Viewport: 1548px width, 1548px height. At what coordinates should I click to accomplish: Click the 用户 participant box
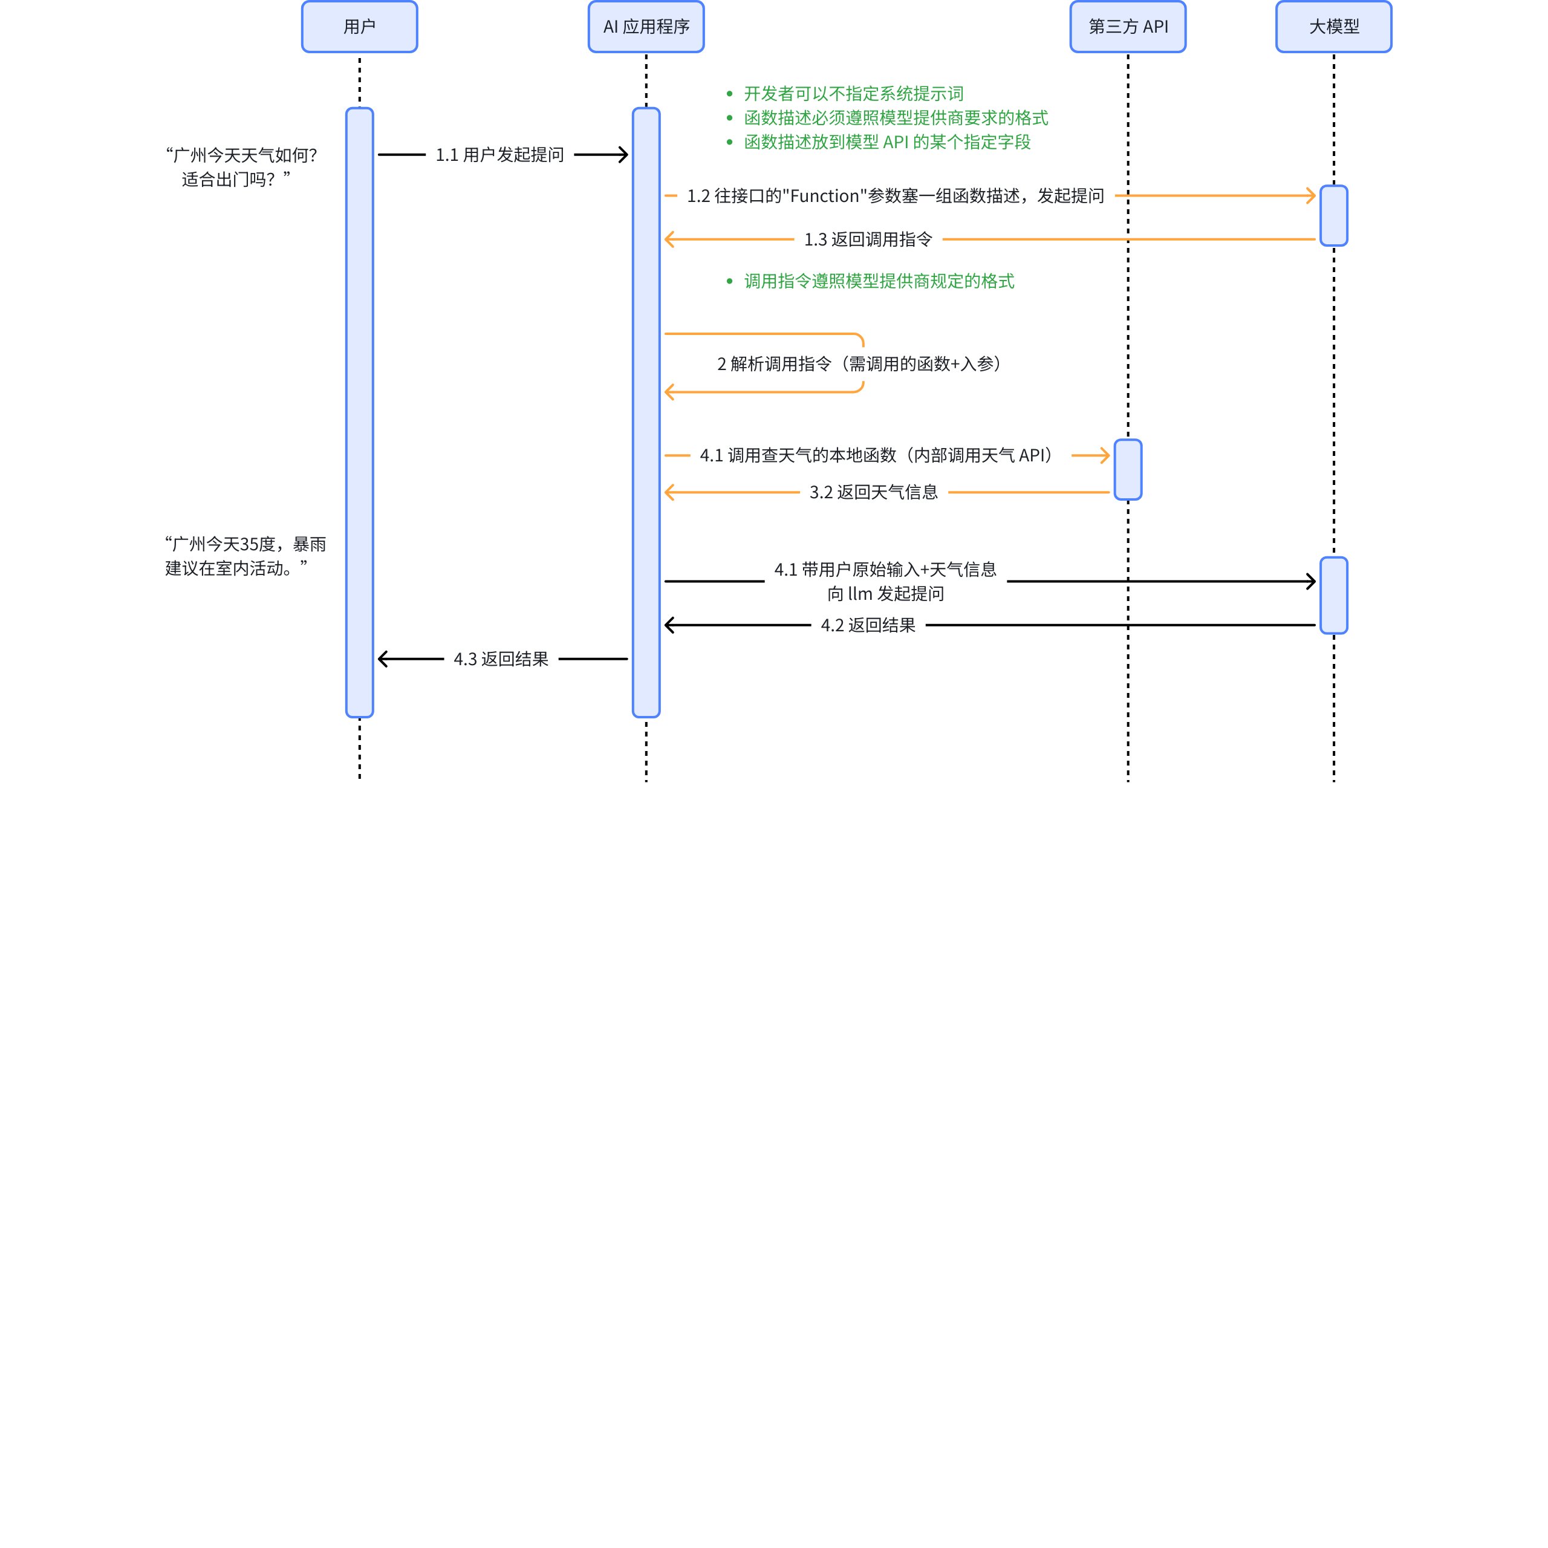pyautogui.click(x=359, y=27)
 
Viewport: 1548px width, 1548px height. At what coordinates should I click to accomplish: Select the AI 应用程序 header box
pyautogui.click(x=646, y=27)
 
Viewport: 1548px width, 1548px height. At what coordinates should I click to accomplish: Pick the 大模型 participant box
pyautogui.click(x=1333, y=27)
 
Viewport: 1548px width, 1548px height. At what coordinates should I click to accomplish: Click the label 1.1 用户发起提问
pyautogui.click(x=499, y=155)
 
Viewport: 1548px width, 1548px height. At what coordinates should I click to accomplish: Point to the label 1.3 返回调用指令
pyautogui.click(x=868, y=239)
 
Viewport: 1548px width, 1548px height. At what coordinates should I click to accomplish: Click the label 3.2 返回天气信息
pyautogui.click(x=873, y=492)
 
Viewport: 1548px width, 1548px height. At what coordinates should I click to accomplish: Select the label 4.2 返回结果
pyautogui.click(x=868, y=625)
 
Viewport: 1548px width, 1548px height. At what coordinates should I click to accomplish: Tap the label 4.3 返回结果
pyautogui.click(x=501, y=659)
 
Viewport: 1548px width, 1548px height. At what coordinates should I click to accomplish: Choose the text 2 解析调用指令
pyautogui.click(x=774, y=364)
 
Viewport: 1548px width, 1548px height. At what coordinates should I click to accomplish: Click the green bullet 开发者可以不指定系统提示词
pyautogui.click(x=853, y=94)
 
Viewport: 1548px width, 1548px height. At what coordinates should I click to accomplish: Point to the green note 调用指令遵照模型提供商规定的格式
pyautogui.click(x=879, y=281)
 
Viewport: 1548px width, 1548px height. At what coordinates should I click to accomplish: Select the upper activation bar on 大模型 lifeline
pyautogui.click(x=1333, y=215)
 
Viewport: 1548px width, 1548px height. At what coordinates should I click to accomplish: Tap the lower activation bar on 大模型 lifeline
pyautogui.click(x=1333, y=596)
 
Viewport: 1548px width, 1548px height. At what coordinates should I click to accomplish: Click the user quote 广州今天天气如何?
pyautogui.click(x=241, y=155)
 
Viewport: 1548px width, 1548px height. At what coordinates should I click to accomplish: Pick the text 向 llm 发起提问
pyautogui.click(x=885, y=594)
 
